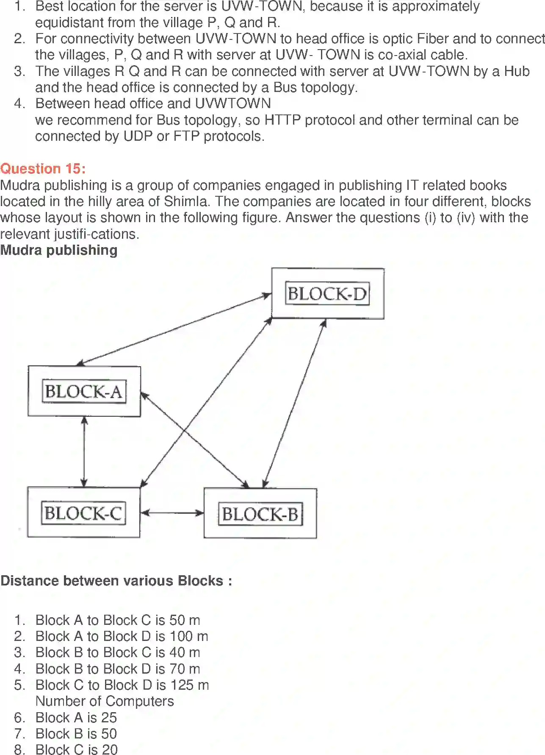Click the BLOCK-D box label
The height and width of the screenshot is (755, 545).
[x=327, y=293]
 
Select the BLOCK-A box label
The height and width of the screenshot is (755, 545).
[x=84, y=391]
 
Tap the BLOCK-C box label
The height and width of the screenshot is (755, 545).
[x=83, y=513]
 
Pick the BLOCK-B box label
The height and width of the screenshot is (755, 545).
[x=260, y=514]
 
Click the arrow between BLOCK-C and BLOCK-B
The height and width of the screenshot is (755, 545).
[x=172, y=513]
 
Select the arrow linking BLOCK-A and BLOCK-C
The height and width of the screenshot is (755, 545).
[x=84, y=451]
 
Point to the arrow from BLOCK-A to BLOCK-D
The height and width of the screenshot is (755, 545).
[x=174, y=329]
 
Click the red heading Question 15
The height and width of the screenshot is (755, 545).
[x=43, y=169]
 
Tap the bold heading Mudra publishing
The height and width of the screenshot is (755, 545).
[x=59, y=250]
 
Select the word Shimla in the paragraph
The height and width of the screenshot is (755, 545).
[x=186, y=201]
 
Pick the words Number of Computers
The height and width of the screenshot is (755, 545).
[x=105, y=701]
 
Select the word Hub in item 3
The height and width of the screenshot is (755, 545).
[x=517, y=71]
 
